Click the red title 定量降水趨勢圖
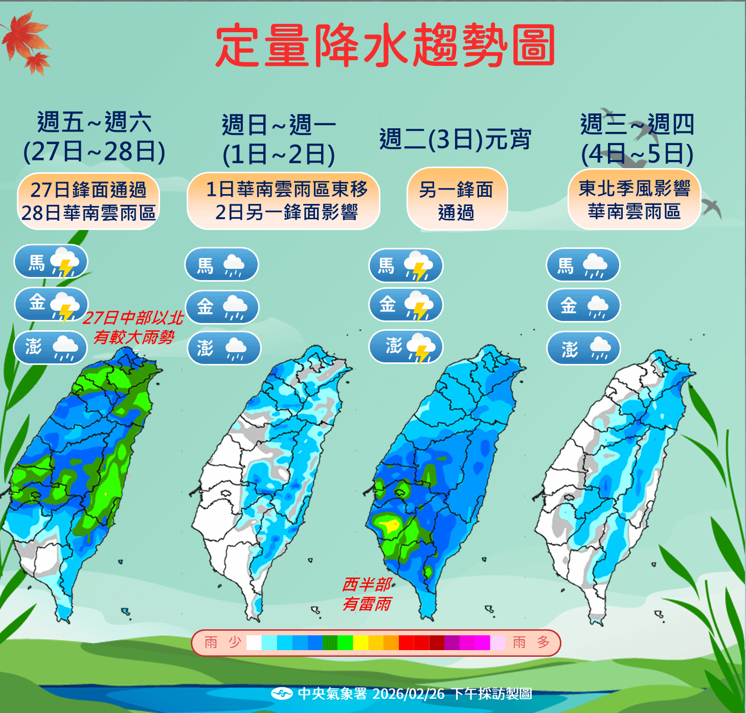point(385,45)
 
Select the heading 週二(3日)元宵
point(455,139)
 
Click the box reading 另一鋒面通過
point(457,200)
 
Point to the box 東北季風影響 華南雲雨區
point(634,200)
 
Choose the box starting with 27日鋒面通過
point(88,201)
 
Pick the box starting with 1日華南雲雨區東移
point(284,201)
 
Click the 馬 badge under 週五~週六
point(51,263)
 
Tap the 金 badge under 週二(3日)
point(405,305)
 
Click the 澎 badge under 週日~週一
point(224,349)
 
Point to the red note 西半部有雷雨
point(367,594)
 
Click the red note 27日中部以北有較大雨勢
point(133,328)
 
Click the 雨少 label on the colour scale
point(222,642)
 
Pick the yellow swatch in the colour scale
point(360,642)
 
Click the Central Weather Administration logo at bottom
point(281,694)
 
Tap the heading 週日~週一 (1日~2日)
point(279,140)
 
